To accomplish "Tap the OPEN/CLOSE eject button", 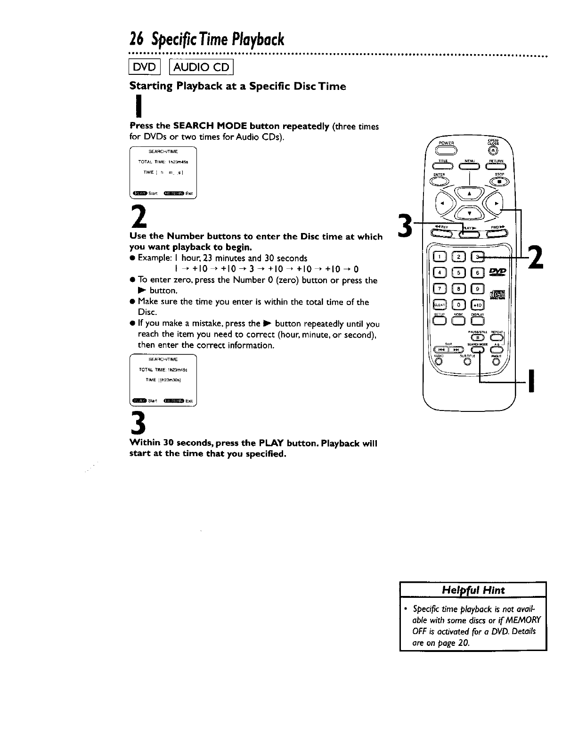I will pos(492,151).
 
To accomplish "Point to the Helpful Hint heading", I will pos(473,590).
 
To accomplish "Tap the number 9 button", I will pos(477,289).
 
